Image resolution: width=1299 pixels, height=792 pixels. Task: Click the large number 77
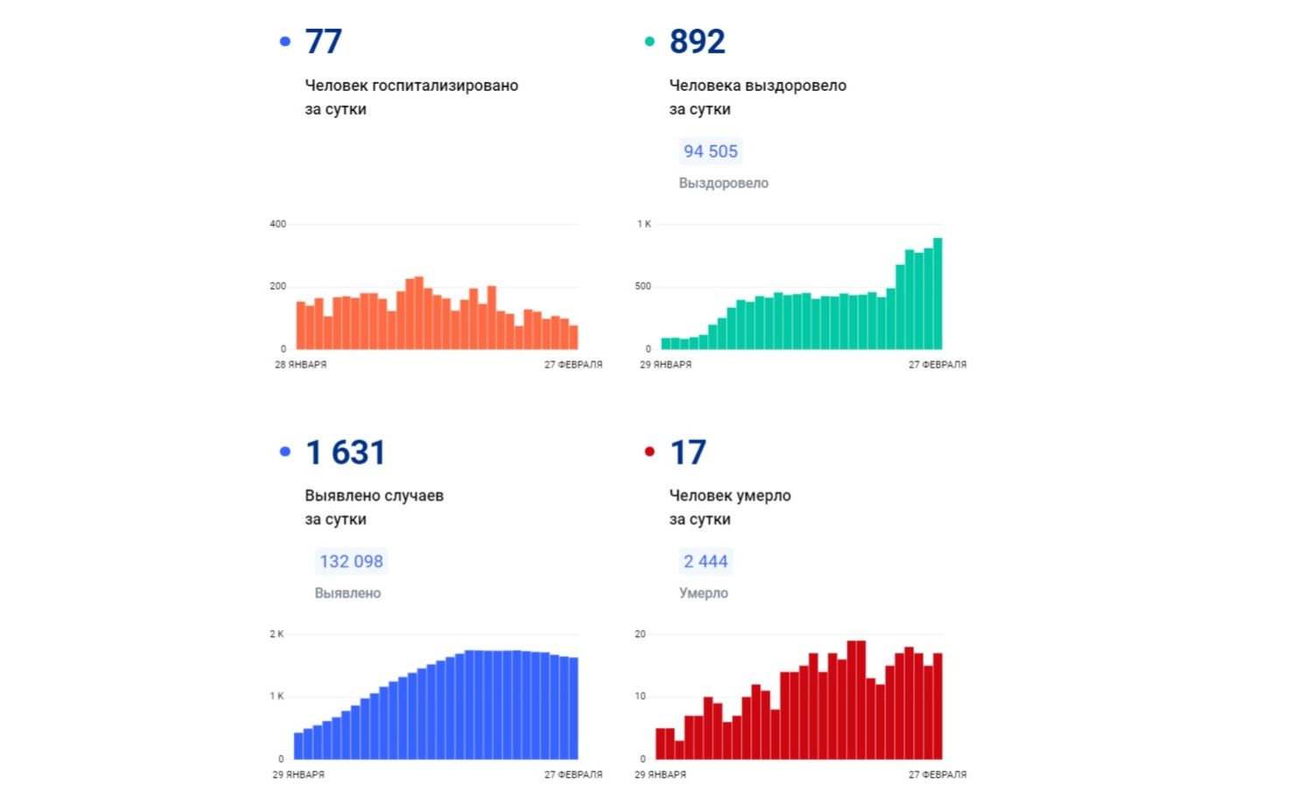[323, 41]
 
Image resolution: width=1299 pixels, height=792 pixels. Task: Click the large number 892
[697, 41]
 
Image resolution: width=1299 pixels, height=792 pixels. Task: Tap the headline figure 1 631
[345, 452]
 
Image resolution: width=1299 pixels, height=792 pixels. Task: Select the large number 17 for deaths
[687, 452]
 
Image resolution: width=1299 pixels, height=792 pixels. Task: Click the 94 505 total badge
[710, 151]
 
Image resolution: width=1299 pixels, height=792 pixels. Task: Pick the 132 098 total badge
[351, 562]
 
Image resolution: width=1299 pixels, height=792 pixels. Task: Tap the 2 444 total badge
[706, 562]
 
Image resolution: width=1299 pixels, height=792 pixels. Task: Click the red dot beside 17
[649, 452]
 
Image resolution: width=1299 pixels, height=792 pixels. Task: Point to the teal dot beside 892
[649, 41]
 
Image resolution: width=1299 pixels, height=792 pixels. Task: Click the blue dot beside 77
[284, 41]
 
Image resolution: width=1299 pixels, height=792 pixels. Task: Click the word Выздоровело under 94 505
[723, 183]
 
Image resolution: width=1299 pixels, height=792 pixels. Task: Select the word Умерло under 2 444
[703, 593]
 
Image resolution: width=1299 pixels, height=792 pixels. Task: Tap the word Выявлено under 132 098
[348, 593]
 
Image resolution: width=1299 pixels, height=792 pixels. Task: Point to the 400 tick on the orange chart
[277, 224]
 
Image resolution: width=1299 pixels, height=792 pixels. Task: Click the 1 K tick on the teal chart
[643, 224]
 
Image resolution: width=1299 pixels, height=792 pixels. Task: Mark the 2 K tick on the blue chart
[277, 634]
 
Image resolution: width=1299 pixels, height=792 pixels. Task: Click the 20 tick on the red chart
[640, 634]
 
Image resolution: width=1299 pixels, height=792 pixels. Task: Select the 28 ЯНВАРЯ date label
[300, 365]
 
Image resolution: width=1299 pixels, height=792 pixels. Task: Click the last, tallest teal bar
[937, 293]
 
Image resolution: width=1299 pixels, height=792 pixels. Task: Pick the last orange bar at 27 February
[573, 338]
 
